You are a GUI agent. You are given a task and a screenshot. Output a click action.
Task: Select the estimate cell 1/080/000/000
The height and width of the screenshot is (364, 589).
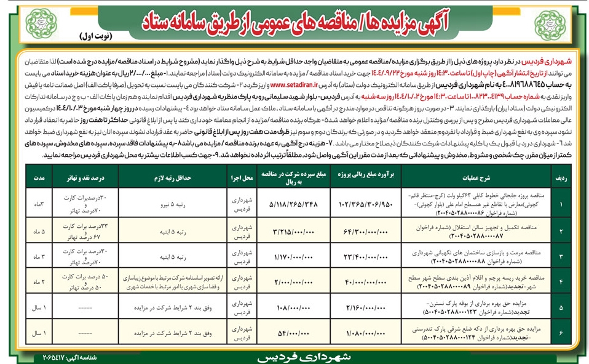363,333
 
